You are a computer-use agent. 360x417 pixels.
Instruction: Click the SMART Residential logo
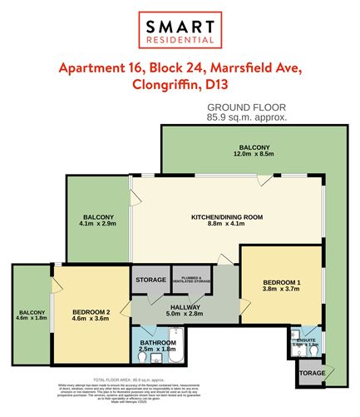180,27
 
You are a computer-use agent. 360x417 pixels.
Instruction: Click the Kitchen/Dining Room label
227,216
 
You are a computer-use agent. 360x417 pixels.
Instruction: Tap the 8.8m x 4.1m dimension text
227,225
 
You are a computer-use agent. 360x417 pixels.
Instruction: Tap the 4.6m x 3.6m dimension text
91,316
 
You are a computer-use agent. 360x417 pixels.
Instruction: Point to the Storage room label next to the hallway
150,280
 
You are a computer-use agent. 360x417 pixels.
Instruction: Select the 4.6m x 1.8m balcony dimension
31,318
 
